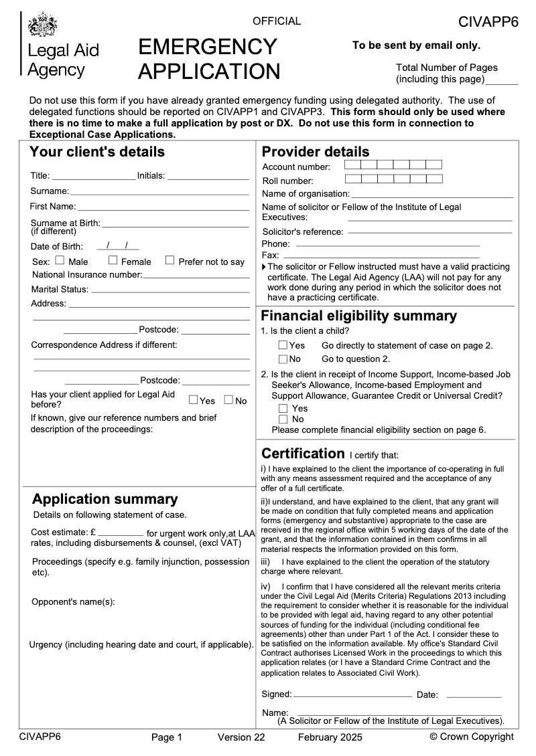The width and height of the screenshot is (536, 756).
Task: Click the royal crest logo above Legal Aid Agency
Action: [x=42, y=25]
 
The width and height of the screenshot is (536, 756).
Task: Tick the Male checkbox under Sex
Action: [x=60, y=260]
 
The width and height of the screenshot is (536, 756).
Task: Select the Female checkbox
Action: [x=113, y=260]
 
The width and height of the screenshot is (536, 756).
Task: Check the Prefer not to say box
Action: [x=170, y=260]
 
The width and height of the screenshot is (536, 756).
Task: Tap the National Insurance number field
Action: [x=196, y=275]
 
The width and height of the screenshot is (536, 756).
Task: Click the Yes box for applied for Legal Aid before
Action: [x=193, y=400]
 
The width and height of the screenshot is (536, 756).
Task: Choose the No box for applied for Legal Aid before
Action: [x=228, y=400]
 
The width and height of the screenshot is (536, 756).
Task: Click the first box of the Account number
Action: [x=352, y=165]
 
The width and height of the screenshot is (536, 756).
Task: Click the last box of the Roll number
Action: [x=434, y=179]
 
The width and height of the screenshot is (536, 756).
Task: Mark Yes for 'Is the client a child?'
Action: [x=283, y=345]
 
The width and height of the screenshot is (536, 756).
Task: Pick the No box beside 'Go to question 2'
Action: [x=283, y=359]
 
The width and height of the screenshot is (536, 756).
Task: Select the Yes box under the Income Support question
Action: [x=283, y=408]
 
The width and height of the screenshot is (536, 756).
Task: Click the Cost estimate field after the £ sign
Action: [x=121, y=534]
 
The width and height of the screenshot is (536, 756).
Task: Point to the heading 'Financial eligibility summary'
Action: [x=358, y=316]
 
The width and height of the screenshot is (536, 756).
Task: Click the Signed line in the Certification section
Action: [x=352, y=696]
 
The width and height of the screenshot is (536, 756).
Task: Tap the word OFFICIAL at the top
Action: [x=277, y=21]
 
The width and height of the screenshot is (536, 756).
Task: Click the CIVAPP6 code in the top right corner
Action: [x=488, y=22]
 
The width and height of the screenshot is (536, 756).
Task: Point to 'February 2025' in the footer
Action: [x=330, y=737]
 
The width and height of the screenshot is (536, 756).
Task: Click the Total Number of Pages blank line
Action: [x=501, y=83]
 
